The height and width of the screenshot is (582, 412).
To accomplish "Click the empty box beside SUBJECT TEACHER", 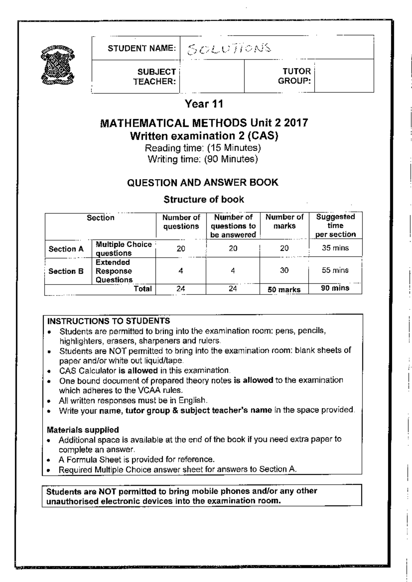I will coord(212,76).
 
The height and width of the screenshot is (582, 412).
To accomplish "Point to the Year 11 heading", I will coord(204,104).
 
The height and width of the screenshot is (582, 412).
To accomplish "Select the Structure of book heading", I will coord(204,199).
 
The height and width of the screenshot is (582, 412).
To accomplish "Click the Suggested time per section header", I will coord(335,226).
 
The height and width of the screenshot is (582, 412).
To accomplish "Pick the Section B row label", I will coord(66,271).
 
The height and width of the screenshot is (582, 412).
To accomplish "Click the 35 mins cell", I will coord(335,248).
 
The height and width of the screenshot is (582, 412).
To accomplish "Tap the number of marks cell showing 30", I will coord(284,270).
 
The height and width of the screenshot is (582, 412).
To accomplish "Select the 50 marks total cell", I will coord(284,289).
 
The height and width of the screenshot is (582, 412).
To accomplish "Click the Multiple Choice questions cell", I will coord(123,249).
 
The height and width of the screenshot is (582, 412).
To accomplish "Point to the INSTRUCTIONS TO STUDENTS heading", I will coord(108,321).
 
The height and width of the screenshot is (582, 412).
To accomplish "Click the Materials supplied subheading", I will coord(83,430).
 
